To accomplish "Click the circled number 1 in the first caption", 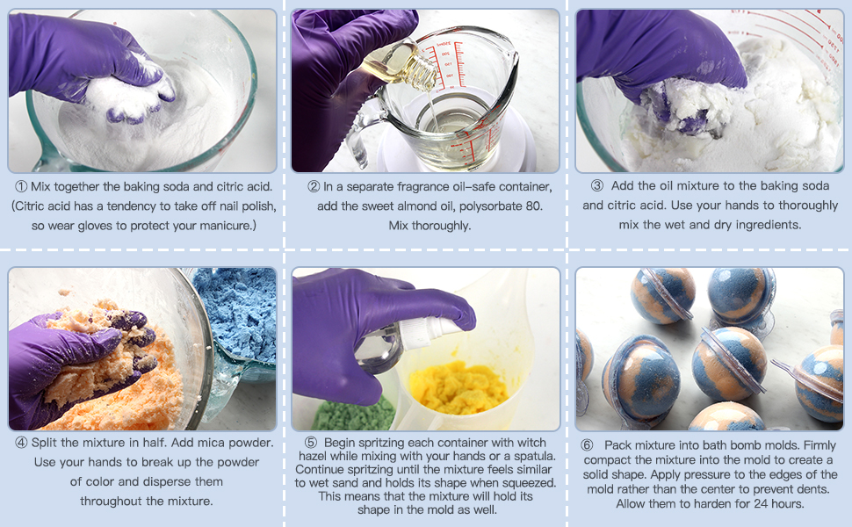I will [20, 186].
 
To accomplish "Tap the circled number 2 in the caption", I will [314, 186].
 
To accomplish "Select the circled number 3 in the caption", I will [597, 186].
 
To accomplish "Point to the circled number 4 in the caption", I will [20, 443].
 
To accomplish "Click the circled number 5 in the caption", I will [311, 443].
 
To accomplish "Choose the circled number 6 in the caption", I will [588, 445].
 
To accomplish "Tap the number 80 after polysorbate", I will [533, 206].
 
